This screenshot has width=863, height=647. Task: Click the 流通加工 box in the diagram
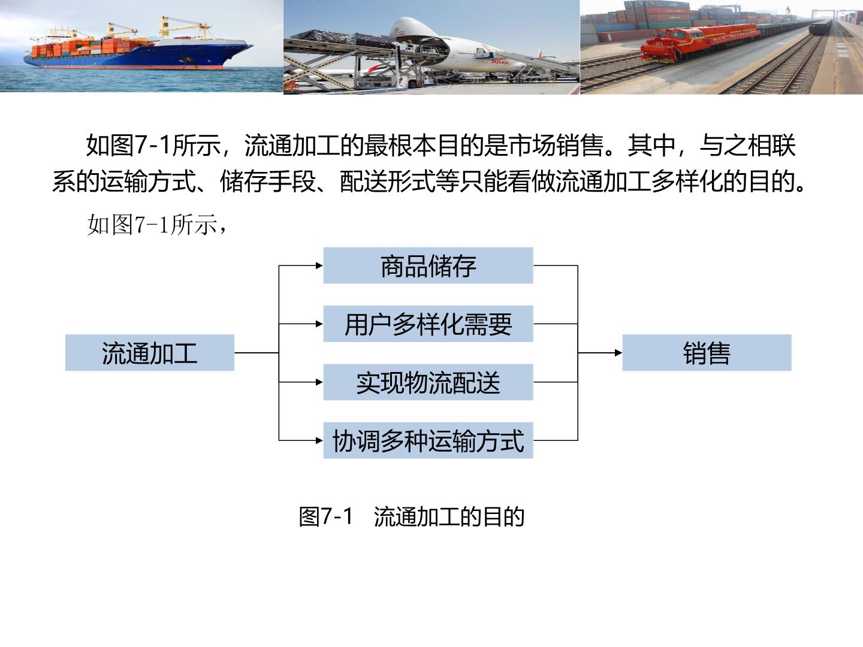pyautogui.click(x=150, y=353)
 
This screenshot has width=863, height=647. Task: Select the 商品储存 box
pyautogui.click(x=428, y=265)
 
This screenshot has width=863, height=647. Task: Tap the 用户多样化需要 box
pyautogui.click(x=428, y=323)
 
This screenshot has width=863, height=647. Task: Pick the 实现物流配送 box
pyautogui.click(x=428, y=382)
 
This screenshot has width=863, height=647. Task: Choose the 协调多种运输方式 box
pyautogui.click(x=428, y=440)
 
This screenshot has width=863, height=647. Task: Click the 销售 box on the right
pyautogui.click(x=707, y=353)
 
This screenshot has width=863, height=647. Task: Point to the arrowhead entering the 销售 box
pyautogui.click(x=618, y=353)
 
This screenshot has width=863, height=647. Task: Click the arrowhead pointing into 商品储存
pyautogui.click(x=319, y=265)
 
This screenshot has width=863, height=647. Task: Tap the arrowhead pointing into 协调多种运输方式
pyautogui.click(x=319, y=440)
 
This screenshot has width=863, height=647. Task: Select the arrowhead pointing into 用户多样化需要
pyautogui.click(x=319, y=323)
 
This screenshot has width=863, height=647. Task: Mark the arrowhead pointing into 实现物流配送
pyautogui.click(x=319, y=382)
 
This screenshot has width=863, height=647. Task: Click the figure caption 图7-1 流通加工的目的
pyautogui.click(x=412, y=516)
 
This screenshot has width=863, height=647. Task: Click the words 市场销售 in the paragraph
pyautogui.click(x=557, y=146)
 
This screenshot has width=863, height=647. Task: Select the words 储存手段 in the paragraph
pyautogui.click(x=268, y=182)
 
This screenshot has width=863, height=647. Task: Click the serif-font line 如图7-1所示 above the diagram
pyautogui.click(x=156, y=225)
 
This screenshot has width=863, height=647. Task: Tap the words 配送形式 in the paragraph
pyautogui.click(x=388, y=182)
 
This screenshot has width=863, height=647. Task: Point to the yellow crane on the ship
pyautogui.click(x=185, y=27)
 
